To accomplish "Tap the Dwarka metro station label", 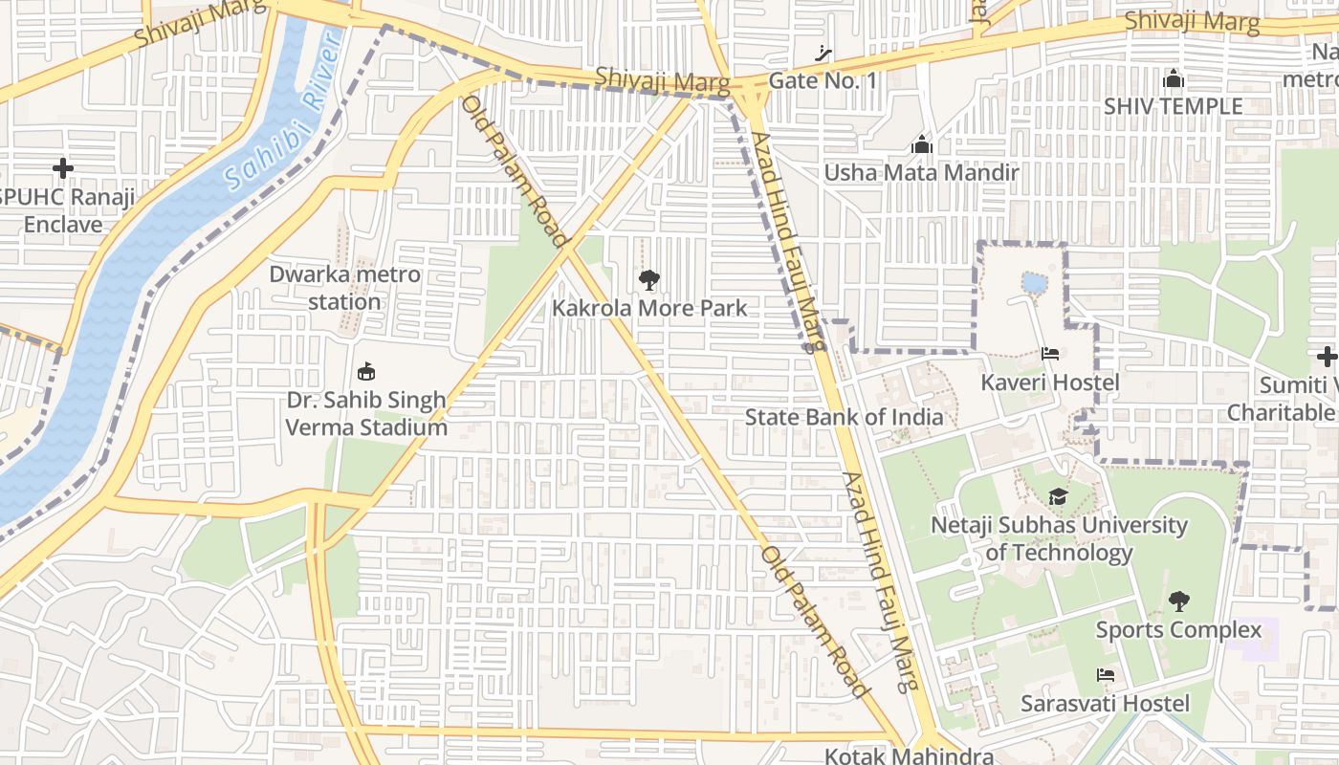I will pyautogui.click(x=344, y=288).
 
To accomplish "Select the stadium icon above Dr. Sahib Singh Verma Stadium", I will pyautogui.click(x=365, y=371).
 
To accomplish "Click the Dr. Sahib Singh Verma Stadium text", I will pyautogui.click(x=366, y=413).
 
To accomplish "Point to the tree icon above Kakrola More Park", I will pyautogui.click(x=649, y=280).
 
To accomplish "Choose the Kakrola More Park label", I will pyautogui.click(x=649, y=309).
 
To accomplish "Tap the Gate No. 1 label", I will pyautogui.click(x=823, y=80).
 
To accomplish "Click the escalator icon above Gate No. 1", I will pyautogui.click(x=823, y=54).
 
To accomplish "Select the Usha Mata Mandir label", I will pyautogui.click(x=921, y=172).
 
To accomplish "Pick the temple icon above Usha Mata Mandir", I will pyautogui.click(x=922, y=144).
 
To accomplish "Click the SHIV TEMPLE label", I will pyautogui.click(x=1173, y=105).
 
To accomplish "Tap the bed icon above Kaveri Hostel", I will pyautogui.click(x=1049, y=354).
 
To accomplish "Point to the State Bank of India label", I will pyautogui.click(x=844, y=417).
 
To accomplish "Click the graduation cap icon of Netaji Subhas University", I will pyautogui.click(x=1058, y=497).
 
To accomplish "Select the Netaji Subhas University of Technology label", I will pyautogui.click(x=1059, y=538).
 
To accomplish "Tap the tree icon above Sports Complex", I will pyautogui.click(x=1179, y=601).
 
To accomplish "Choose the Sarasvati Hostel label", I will pyautogui.click(x=1105, y=704).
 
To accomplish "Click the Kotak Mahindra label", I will pyautogui.click(x=909, y=754).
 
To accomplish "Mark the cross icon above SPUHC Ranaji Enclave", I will pyautogui.click(x=63, y=169).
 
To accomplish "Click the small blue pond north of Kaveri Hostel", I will pyautogui.click(x=1034, y=282).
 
